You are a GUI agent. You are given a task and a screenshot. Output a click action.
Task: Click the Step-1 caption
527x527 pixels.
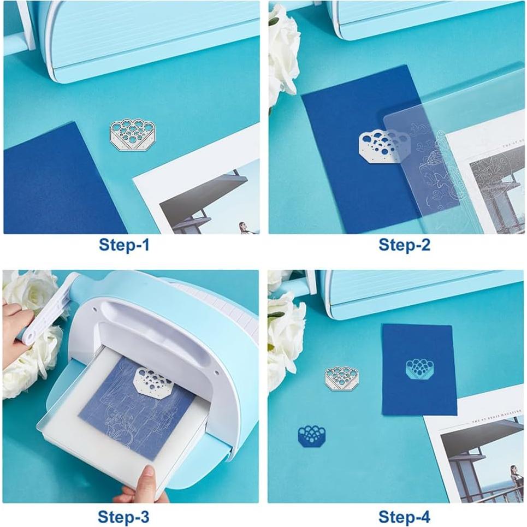pos(123,245)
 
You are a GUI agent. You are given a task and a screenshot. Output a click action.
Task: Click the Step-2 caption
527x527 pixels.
pos(404,245)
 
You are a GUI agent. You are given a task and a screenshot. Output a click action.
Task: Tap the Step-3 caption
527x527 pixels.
pos(123,516)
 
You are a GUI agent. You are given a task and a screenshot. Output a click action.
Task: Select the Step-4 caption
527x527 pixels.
pos(404,516)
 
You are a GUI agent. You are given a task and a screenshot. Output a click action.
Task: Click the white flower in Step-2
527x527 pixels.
pos(282,55)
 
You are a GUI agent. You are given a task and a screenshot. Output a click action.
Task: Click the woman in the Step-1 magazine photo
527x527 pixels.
pos(242,227)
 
